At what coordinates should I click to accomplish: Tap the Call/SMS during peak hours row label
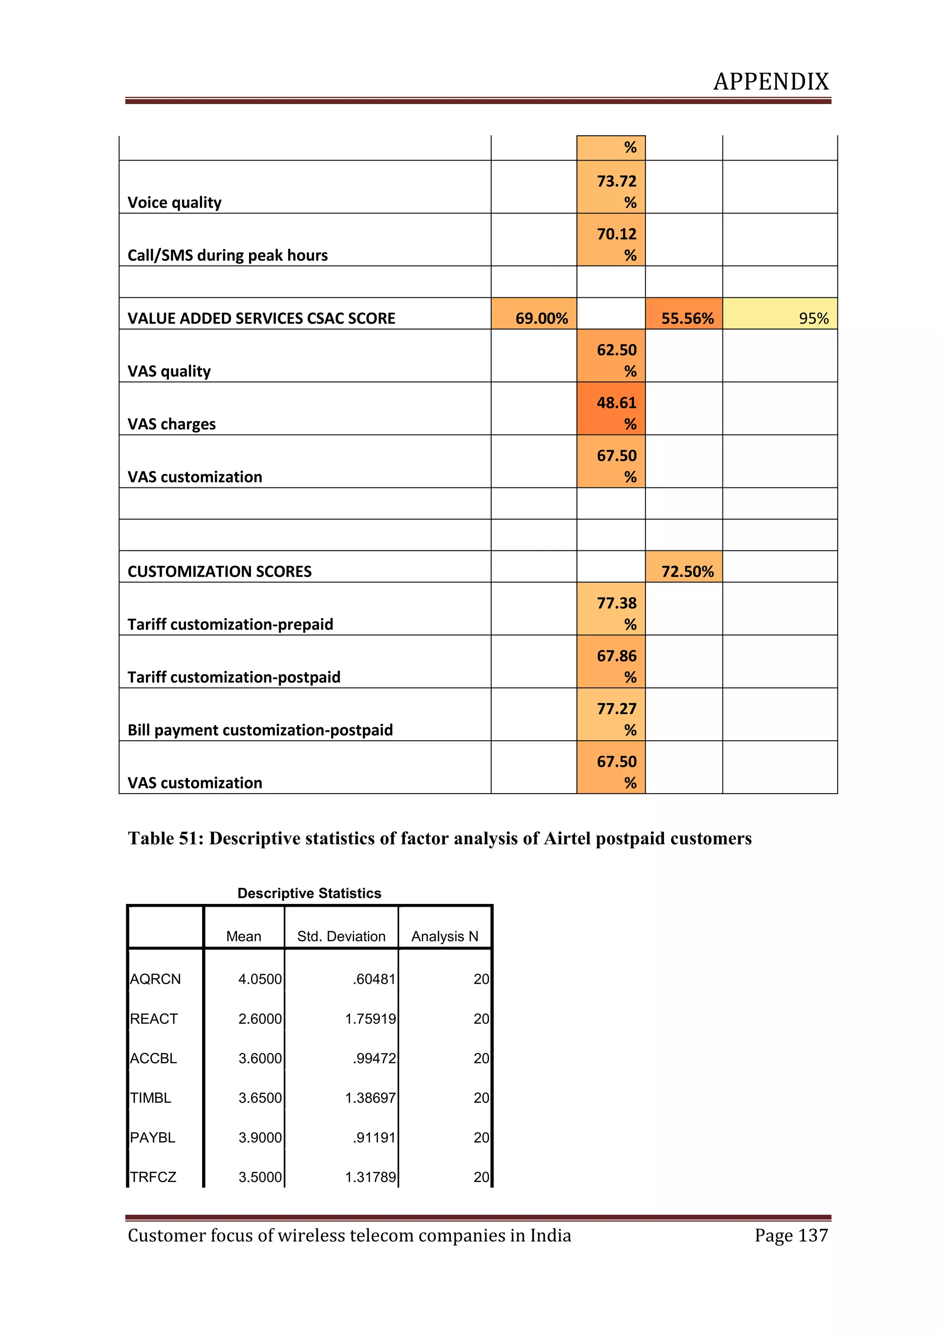[x=227, y=255]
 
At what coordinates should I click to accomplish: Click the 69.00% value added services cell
[x=534, y=318]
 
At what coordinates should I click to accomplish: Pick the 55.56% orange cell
[x=684, y=318]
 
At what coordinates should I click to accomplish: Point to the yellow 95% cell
[x=780, y=318]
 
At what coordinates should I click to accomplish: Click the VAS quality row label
[x=169, y=371]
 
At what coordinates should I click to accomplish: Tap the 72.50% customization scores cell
[x=684, y=571]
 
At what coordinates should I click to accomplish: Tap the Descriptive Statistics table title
[x=309, y=893]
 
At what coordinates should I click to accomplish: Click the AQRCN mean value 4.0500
[x=260, y=979]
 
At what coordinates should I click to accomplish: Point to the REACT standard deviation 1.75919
[x=370, y=1019]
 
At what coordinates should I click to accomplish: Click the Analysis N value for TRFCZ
[x=481, y=1177]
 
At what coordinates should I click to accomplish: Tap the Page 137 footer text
[x=791, y=1235]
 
